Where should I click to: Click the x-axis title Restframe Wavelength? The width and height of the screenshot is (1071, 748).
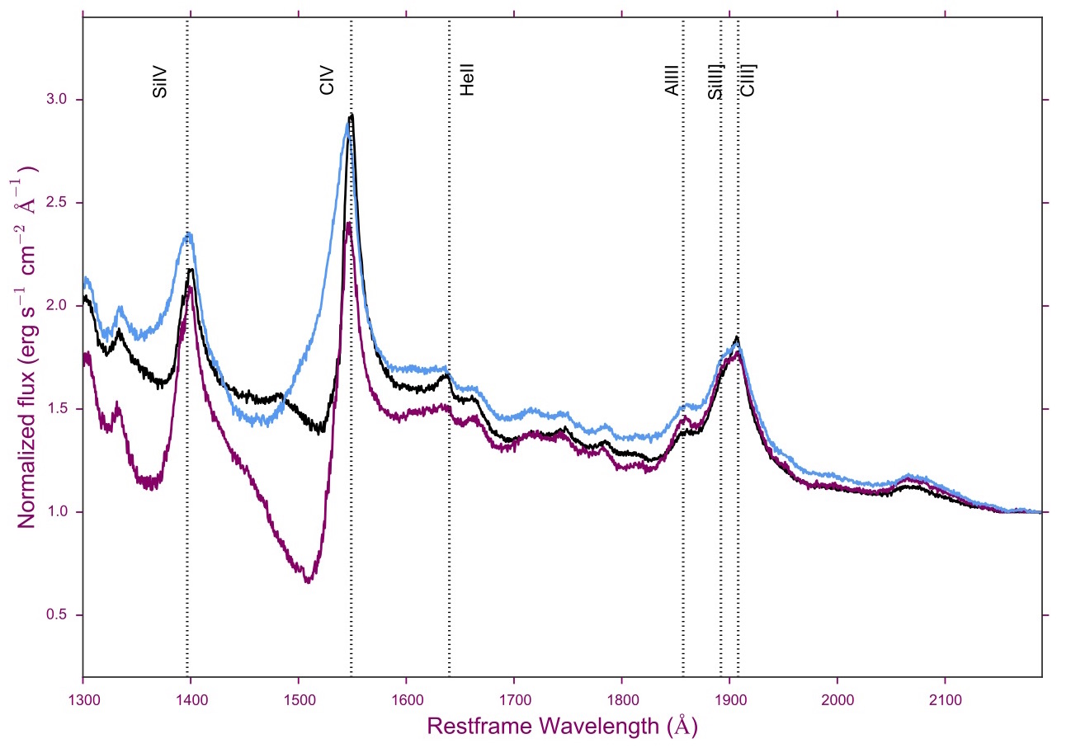561,727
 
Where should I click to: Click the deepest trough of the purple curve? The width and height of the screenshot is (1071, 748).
308,581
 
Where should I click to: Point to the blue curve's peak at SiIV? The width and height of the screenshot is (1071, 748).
189,234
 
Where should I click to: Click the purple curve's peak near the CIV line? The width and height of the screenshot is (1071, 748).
349,223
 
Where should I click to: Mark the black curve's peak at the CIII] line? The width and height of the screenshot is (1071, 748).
737,337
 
